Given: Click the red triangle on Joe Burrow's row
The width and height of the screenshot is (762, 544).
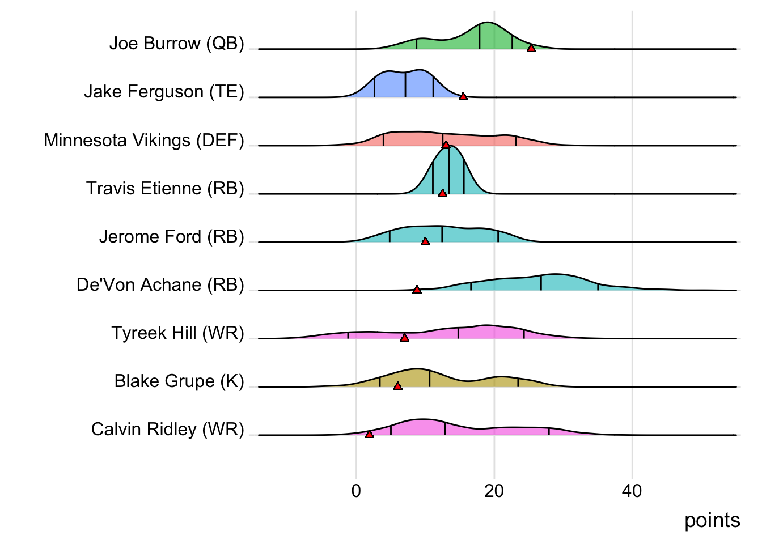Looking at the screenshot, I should point(531,48).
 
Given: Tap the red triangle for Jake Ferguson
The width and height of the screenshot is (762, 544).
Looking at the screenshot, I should point(463,96).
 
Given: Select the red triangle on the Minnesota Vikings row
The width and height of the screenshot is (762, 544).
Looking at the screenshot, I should point(446,144).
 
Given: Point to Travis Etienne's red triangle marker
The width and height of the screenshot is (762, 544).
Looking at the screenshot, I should point(442,193).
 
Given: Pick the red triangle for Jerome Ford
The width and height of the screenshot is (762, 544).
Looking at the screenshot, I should point(425,241).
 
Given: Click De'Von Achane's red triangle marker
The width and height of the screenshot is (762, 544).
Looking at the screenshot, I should point(417,290).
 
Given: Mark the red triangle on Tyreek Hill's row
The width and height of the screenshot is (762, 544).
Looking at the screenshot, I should point(404,338).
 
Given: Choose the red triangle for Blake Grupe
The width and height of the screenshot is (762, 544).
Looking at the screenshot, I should point(397,386).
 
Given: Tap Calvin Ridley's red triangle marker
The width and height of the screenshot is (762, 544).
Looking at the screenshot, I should point(369,434).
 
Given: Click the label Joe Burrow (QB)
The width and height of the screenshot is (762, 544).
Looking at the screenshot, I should point(176,44).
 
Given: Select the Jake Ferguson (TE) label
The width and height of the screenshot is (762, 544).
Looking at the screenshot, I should point(164,92).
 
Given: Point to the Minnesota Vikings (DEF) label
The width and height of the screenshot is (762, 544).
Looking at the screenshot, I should point(144,140).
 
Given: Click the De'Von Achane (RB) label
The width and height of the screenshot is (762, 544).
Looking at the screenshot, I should point(160,284).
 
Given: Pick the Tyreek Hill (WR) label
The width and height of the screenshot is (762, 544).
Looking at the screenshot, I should point(177,333).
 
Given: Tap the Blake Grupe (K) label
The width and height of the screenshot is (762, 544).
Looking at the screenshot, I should point(179,381).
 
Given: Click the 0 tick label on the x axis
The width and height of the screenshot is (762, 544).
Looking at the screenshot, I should point(356,491).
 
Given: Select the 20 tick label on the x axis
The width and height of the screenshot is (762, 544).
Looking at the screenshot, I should point(494,491).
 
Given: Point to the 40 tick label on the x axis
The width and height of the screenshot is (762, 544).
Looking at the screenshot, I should point(632,491).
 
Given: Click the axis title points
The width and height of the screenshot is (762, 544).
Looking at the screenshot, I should point(712,520).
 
